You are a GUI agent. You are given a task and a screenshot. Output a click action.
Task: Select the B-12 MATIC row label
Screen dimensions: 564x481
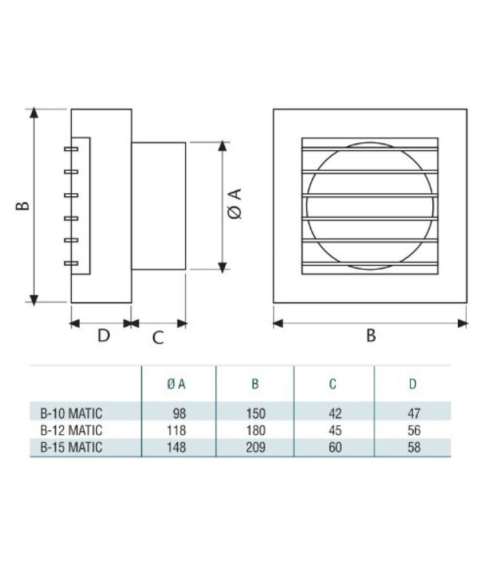pos(71,430)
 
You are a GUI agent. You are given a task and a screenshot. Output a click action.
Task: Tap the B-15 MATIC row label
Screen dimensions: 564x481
pos(71,447)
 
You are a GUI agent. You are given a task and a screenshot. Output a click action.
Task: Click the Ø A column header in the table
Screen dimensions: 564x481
pos(177,384)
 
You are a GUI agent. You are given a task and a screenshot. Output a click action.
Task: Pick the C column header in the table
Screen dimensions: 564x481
pos(333,384)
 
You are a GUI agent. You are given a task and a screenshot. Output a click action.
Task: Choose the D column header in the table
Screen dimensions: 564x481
pos(413,384)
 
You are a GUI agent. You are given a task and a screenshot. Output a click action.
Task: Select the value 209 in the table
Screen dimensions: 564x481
pos(256,447)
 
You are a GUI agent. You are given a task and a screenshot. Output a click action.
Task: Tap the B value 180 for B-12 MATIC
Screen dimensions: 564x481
pos(256,430)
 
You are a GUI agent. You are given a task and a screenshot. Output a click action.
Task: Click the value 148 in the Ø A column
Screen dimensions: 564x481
pos(177,447)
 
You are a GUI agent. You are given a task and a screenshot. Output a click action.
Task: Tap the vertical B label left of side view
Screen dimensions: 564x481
pos(22,205)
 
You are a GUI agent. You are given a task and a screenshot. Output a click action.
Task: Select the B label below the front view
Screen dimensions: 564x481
pos(370,336)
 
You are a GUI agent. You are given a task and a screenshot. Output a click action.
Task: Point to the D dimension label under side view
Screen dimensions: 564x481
pos(103,336)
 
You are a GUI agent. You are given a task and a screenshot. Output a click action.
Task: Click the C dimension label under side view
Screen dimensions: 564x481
pos(158,338)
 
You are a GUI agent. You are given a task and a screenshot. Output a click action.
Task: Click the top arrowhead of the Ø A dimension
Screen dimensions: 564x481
pos(223,146)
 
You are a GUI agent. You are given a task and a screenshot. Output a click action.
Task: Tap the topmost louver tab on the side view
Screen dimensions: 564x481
pos(71,149)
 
